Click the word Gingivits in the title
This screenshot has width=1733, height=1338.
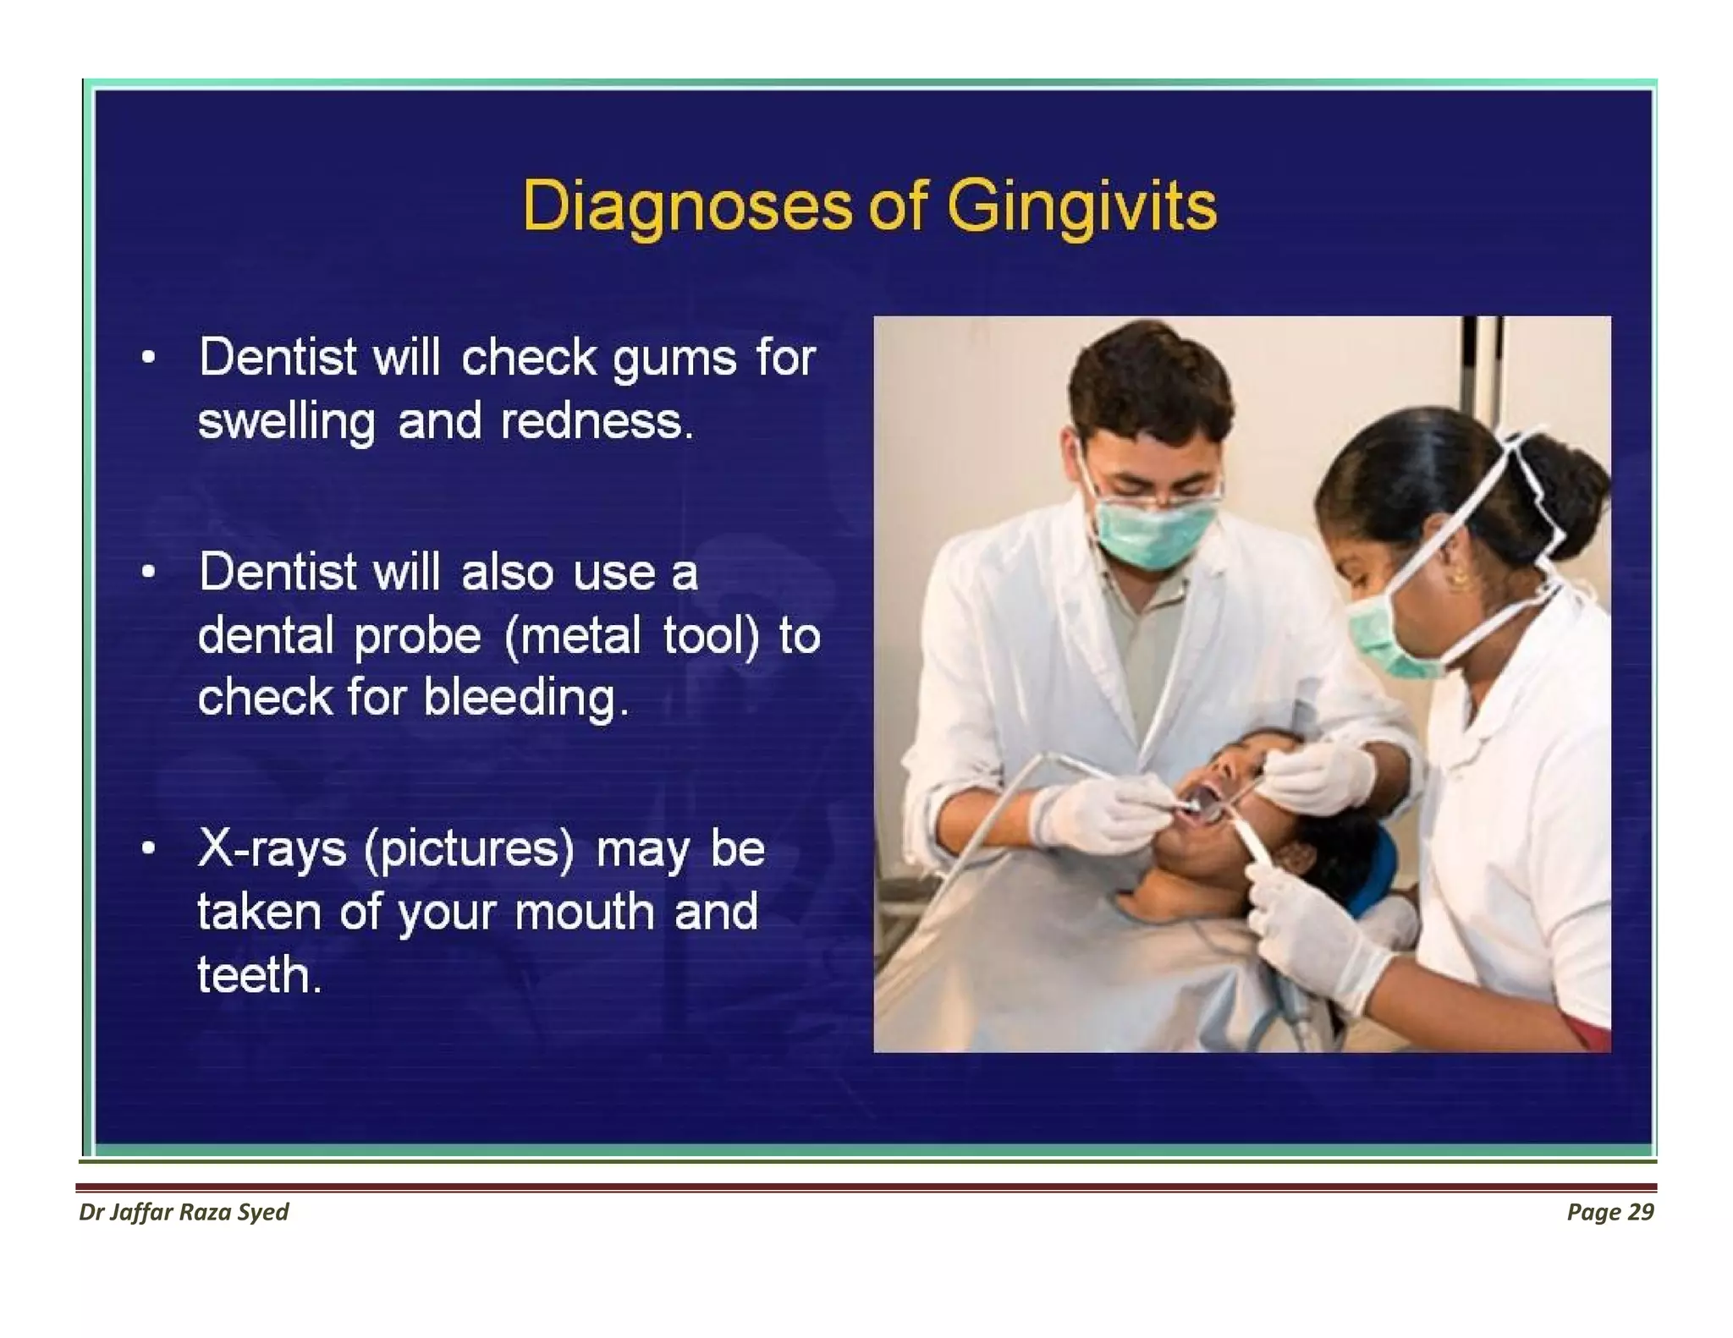pos(1081,206)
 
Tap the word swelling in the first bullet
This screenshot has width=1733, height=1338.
pos(286,421)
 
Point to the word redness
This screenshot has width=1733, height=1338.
pos(596,420)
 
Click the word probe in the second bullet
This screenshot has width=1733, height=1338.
pos(417,636)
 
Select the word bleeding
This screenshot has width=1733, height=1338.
pos(525,699)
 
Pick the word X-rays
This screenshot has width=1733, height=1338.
pos(272,848)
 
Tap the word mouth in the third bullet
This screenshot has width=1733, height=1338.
pos(583,912)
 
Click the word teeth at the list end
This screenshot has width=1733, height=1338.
pos(258,974)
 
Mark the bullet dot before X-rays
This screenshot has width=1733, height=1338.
pos(149,847)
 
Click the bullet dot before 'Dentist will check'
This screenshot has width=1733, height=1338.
pos(149,357)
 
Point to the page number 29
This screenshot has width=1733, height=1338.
pos(1640,1212)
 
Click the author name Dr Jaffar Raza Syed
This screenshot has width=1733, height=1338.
pos(184,1212)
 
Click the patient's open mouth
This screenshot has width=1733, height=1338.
pos(1202,799)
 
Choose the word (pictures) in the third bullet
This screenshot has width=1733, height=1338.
pos(470,848)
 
